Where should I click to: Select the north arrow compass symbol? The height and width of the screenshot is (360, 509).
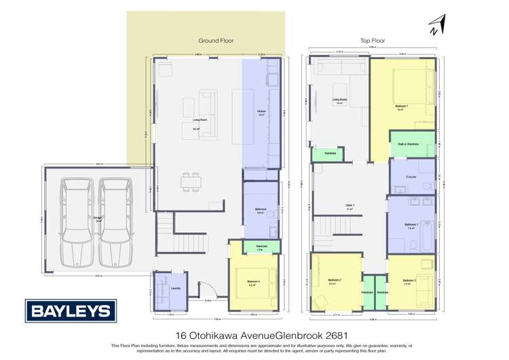(434, 25)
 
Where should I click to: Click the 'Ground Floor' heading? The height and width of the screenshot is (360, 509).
(215, 41)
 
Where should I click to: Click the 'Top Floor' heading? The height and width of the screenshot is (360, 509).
(373, 41)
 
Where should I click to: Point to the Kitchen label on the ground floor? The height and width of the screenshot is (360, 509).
(261, 112)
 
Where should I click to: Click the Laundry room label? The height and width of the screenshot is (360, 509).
(175, 288)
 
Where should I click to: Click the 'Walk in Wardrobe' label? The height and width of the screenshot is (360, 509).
(412, 145)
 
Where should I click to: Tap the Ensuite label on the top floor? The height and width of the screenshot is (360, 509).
(411, 176)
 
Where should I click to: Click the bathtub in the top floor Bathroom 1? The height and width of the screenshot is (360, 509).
(427, 232)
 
